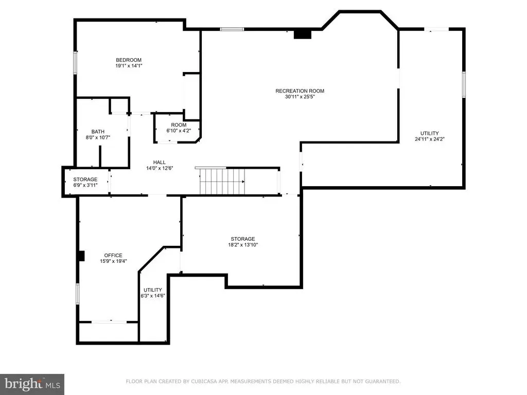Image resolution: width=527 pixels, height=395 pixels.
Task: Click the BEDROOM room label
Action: (x=129, y=60)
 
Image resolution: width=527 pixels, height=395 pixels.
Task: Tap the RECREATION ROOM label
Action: (x=300, y=91)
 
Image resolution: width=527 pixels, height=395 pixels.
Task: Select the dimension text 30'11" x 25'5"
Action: (x=300, y=97)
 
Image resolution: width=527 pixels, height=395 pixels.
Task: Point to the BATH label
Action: (x=98, y=132)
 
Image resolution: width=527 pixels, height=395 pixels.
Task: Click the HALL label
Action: (x=160, y=163)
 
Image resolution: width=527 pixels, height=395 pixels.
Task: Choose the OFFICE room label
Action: (x=113, y=256)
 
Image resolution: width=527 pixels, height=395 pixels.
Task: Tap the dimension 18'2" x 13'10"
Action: (x=243, y=245)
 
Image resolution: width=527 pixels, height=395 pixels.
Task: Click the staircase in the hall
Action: (x=222, y=182)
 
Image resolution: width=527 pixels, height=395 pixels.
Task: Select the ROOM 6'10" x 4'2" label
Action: (x=179, y=128)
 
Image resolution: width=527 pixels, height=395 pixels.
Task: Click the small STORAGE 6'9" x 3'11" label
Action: (x=85, y=182)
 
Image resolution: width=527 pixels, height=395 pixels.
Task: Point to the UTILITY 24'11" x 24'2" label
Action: (x=430, y=136)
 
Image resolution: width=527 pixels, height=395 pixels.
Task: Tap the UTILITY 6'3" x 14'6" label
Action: (x=153, y=293)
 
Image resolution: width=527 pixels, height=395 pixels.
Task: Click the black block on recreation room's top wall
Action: (x=303, y=34)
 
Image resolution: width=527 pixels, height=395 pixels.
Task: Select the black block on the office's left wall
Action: (x=81, y=256)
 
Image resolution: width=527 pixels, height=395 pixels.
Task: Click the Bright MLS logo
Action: (x=32, y=384)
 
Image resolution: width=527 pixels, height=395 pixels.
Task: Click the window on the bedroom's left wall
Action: (x=75, y=62)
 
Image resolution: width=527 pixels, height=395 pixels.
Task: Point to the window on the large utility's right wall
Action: (x=464, y=85)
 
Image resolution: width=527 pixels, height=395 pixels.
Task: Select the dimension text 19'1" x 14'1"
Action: (x=129, y=66)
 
